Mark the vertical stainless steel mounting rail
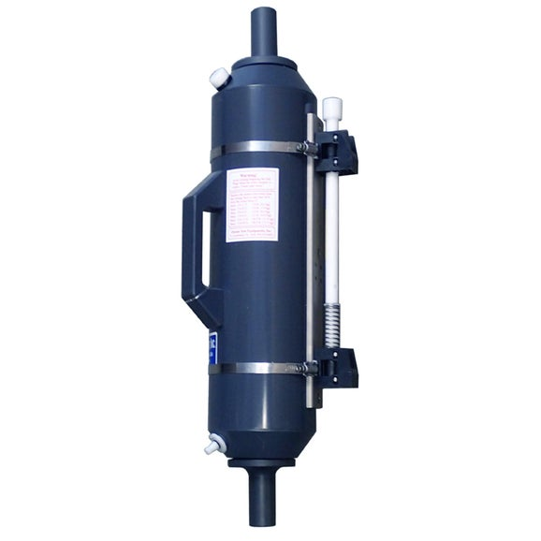pyautogui.click(x=314, y=253)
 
